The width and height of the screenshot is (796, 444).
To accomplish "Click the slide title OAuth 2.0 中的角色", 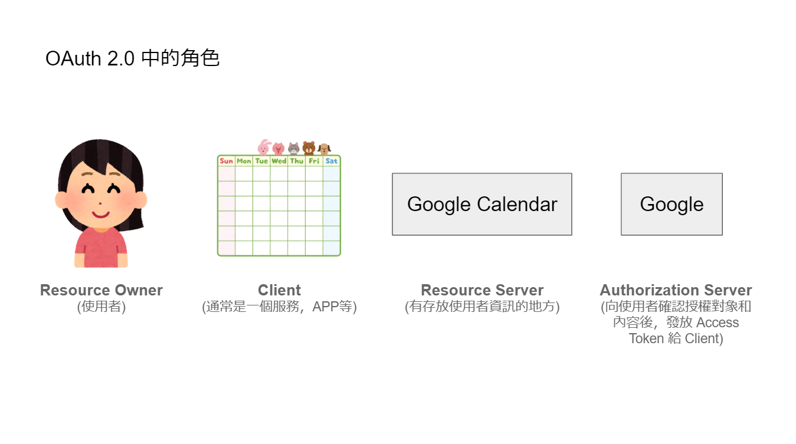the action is [132, 58].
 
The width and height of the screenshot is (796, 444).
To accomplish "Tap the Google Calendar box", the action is [482, 204].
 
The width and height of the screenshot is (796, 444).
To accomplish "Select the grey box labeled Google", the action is [671, 204].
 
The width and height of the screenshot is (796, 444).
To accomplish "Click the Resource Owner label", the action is [101, 290].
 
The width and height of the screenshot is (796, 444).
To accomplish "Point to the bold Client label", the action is [279, 290].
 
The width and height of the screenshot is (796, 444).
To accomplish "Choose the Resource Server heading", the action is [482, 290].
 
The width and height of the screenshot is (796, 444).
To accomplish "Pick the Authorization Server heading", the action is [676, 290].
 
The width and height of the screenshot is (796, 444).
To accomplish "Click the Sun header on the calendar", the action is [227, 161].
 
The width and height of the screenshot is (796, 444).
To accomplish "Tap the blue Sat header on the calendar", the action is [332, 161].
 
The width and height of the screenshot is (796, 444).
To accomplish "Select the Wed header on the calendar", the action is [279, 161].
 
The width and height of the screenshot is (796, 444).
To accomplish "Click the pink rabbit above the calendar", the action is [264, 147].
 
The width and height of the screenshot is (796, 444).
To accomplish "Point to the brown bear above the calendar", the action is [309, 148].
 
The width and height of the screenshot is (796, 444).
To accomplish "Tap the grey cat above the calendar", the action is [294, 148].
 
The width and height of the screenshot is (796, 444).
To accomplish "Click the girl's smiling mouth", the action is [100, 214].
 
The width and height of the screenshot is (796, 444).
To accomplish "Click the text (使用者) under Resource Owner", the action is [101, 307].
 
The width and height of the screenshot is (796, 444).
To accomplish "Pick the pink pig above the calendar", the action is [279, 148].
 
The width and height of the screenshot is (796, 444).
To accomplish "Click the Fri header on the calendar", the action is [314, 161].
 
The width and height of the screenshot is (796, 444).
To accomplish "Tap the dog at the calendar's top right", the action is [324, 149].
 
